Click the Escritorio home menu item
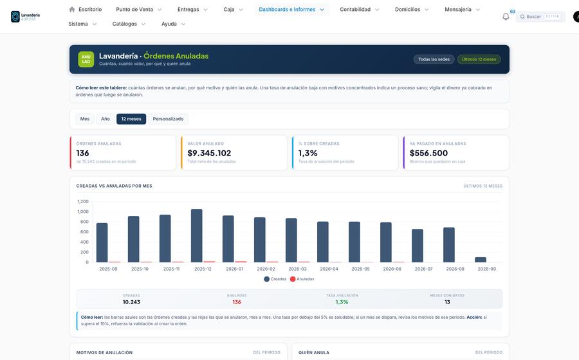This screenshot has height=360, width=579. pyautogui.click(x=86, y=10)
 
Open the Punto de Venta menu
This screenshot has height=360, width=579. pyautogui.click(x=139, y=10)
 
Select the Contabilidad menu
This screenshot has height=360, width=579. pyautogui.click(x=359, y=10)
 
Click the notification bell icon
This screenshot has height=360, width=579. pyautogui.click(x=506, y=17)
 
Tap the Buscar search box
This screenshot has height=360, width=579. pyautogui.click(x=540, y=17)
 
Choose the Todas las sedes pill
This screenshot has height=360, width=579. pyautogui.click(x=434, y=59)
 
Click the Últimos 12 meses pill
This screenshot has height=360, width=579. pyautogui.click(x=479, y=59)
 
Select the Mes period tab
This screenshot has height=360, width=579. pyautogui.click(x=85, y=119)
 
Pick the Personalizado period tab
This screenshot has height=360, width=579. pyautogui.click(x=168, y=119)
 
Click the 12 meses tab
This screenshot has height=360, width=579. pyautogui.click(x=131, y=119)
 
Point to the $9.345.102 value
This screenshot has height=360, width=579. pyautogui.click(x=209, y=153)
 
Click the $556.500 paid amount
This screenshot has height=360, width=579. pyautogui.click(x=428, y=153)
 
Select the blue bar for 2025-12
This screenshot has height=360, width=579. pyautogui.click(x=196, y=236)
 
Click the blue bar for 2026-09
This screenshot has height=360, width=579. pyautogui.click(x=481, y=260)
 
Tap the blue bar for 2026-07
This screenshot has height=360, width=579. pyautogui.click(x=418, y=246)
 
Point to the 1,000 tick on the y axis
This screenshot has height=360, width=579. pyautogui.click(x=83, y=212)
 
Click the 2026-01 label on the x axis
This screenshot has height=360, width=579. pyautogui.click(x=234, y=269)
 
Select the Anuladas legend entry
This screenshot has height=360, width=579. pyautogui.click(x=302, y=279)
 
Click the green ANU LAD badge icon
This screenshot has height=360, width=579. pyautogui.click(x=86, y=59)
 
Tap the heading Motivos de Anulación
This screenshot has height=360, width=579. pyautogui.click(x=104, y=353)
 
